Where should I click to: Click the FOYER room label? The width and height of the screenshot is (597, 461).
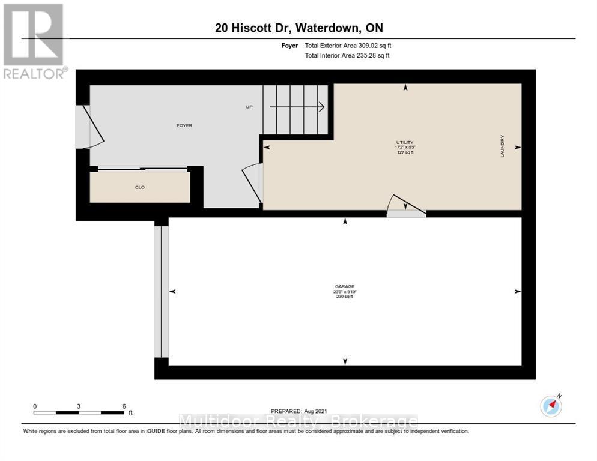(184, 125)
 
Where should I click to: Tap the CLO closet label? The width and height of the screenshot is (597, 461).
(139, 187)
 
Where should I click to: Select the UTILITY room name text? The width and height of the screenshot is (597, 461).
(405, 142)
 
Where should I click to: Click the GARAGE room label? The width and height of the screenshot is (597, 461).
(345, 286)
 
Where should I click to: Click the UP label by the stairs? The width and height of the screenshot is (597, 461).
(249, 107)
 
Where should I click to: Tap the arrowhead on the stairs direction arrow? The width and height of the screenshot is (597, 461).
(321, 107)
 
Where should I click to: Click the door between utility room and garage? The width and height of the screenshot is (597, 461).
(405, 206)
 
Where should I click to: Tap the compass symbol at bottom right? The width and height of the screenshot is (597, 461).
(551, 406)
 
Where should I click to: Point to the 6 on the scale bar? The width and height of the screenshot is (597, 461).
(124, 406)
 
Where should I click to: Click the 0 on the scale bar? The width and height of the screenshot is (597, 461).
(35, 406)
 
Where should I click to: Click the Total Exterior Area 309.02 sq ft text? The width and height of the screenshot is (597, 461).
(348, 46)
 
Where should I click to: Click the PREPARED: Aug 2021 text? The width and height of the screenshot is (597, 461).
(298, 411)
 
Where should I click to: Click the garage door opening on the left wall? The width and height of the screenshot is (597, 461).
(162, 291)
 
